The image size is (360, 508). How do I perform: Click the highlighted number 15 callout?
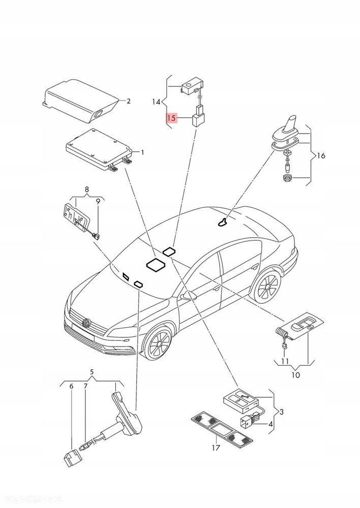171,118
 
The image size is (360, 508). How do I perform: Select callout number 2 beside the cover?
129,101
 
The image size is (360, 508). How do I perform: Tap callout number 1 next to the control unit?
142,152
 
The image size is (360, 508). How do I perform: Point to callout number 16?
321,156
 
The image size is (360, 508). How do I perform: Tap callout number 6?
71,387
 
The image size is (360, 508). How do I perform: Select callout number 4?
271,424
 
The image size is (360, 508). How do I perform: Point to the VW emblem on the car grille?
86,322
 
